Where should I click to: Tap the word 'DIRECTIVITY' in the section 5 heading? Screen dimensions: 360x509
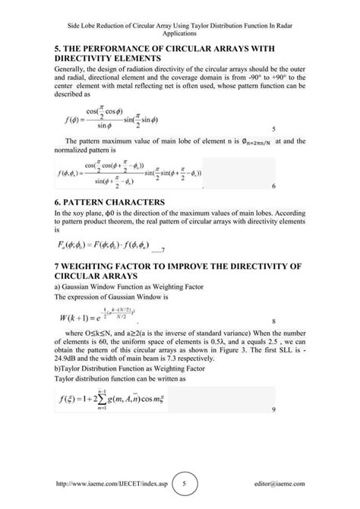pos(93,58)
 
